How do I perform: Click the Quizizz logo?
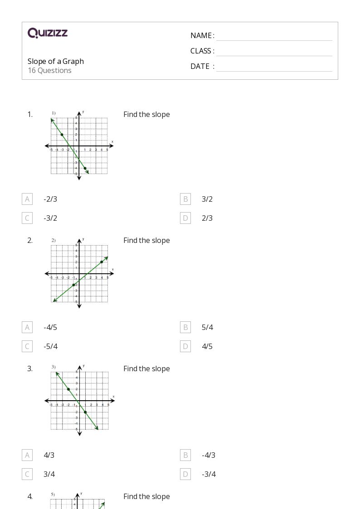click(x=48, y=33)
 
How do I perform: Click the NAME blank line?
click(x=274, y=36)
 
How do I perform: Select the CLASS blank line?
click(x=274, y=52)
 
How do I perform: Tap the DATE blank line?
click(x=274, y=67)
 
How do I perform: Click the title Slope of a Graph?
click(x=56, y=61)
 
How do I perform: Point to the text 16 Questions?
click(x=49, y=71)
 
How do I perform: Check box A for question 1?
click(x=27, y=199)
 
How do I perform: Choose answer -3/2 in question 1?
click(x=50, y=218)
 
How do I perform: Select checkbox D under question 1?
click(x=185, y=218)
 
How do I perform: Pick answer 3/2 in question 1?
click(x=207, y=199)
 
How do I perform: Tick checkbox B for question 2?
click(x=185, y=327)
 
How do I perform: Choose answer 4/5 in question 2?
click(x=207, y=346)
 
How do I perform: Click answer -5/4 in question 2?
click(x=50, y=346)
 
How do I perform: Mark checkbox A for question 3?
click(x=27, y=455)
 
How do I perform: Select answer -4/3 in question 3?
click(x=209, y=455)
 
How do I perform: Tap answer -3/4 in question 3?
click(x=209, y=474)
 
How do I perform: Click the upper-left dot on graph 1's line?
click(x=62, y=135)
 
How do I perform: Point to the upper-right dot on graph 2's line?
click(x=102, y=262)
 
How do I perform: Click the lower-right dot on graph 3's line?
click(x=85, y=412)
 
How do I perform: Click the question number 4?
click(x=30, y=497)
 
